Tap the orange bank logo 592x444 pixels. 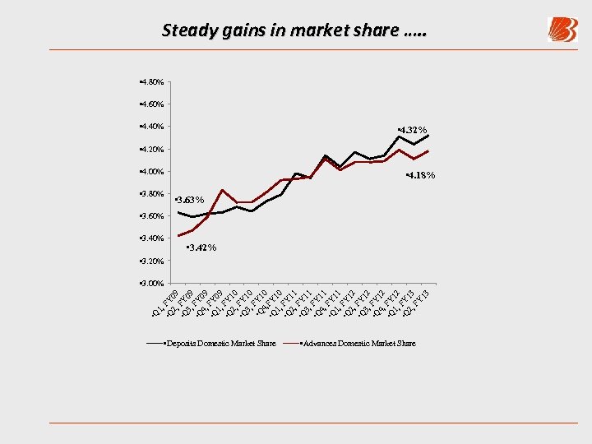tap(563, 30)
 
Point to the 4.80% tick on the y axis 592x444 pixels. tap(151, 82)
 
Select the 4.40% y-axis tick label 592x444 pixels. tap(151, 127)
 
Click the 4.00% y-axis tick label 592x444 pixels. tap(151, 172)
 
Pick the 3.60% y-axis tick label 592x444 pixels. tap(151, 216)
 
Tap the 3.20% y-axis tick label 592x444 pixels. tap(151, 261)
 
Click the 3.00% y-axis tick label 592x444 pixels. tap(151, 284)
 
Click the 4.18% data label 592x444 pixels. tap(420, 175)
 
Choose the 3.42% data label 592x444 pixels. tap(201, 247)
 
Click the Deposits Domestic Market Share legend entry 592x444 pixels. tap(219, 343)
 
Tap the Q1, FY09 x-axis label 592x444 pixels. tap(167, 303)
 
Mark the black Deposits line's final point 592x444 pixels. tap(428, 136)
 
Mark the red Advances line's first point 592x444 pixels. tap(178, 236)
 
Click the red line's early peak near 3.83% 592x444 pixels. tap(222, 190)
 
